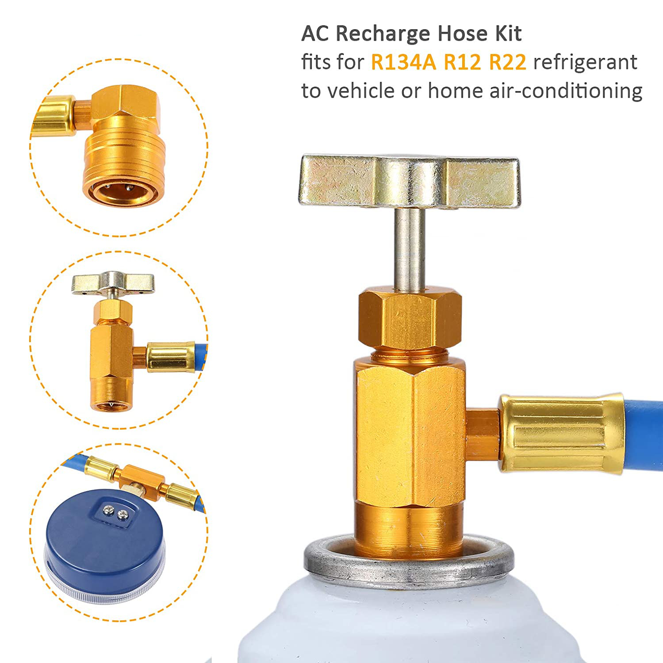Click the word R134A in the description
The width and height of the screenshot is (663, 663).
pyautogui.click(x=403, y=62)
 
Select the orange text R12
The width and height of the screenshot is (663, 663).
pyautogui.click(x=462, y=62)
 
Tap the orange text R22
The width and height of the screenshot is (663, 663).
pyautogui.click(x=508, y=62)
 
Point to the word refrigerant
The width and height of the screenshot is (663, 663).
pyautogui.click(x=585, y=62)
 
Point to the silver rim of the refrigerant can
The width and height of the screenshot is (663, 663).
pyautogui.click(x=409, y=565)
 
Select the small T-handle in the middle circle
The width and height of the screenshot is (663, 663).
pyautogui.click(x=113, y=283)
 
